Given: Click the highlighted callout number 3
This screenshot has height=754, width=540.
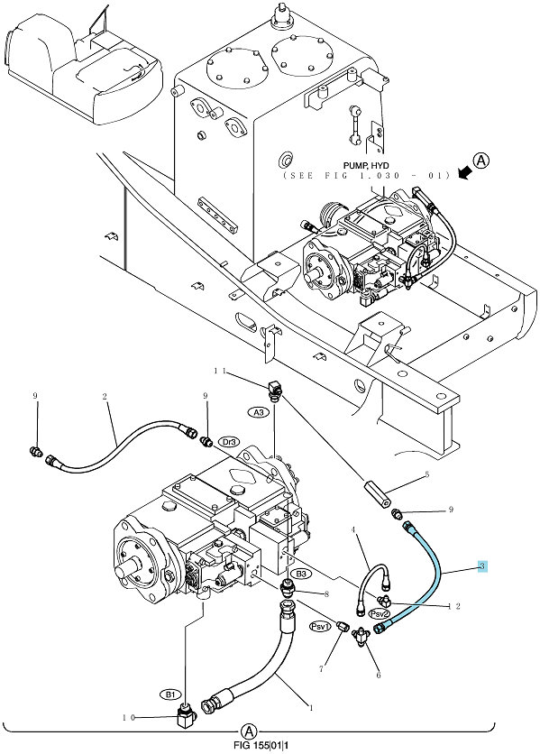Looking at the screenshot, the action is [482, 566].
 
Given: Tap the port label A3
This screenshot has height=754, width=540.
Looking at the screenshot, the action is [259, 412].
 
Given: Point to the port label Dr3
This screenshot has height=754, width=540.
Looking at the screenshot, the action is [229, 441].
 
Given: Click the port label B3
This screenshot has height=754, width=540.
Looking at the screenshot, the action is [301, 574].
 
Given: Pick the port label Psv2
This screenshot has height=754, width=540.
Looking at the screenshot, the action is [380, 613].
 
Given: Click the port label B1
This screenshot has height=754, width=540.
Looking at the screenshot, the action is [170, 694].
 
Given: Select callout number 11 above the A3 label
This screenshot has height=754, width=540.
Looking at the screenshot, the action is [220, 371].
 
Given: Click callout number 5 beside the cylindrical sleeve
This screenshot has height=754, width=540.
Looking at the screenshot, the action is [426, 475].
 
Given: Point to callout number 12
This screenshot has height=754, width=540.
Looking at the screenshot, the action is [454, 606].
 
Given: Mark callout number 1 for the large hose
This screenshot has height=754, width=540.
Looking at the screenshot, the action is [312, 707].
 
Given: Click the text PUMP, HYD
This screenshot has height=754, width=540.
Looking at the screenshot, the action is [366, 166].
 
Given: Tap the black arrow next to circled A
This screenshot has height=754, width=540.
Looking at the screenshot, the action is [464, 173].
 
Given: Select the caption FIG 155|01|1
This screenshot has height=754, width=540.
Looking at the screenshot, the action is [262, 746].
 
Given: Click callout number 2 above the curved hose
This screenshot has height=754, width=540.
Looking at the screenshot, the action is [105, 397].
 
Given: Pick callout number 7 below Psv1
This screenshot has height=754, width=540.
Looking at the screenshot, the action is [321, 668].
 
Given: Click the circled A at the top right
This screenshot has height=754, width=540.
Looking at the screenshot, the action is [481, 161].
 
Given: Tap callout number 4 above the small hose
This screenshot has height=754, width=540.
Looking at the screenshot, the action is [354, 530].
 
